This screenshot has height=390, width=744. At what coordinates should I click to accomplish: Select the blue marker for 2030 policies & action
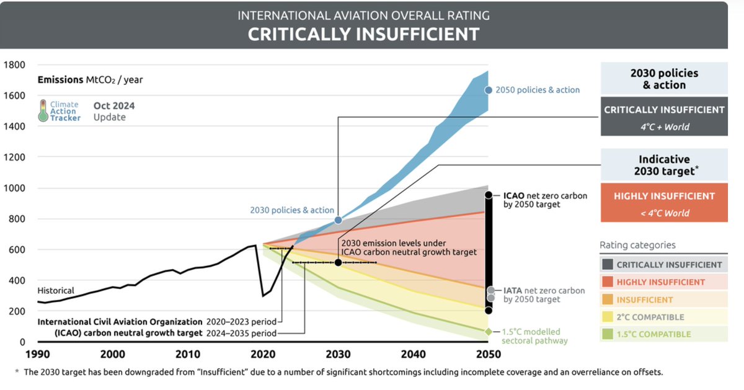tap(339, 220)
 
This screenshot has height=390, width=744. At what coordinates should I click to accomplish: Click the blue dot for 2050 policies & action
tap(489, 90)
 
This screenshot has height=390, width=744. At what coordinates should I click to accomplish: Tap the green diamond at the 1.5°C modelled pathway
tap(489, 332)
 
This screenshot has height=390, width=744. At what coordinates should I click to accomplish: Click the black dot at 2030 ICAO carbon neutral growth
tap(338, 262)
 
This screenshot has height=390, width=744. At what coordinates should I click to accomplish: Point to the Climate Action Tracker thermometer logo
tap(43, 110)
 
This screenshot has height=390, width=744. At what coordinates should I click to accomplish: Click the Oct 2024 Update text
tap(113, 111)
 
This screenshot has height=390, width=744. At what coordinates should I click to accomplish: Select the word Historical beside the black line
tap(56, 290)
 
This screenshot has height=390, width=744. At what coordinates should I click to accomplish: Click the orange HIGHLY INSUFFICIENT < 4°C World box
tap(664, 203)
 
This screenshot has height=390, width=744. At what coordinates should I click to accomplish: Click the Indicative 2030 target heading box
tap(664, 165)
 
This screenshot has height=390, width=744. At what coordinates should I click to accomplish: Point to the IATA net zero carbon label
tap(544, 295)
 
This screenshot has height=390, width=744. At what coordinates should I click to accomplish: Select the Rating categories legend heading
tap(637, 245)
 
